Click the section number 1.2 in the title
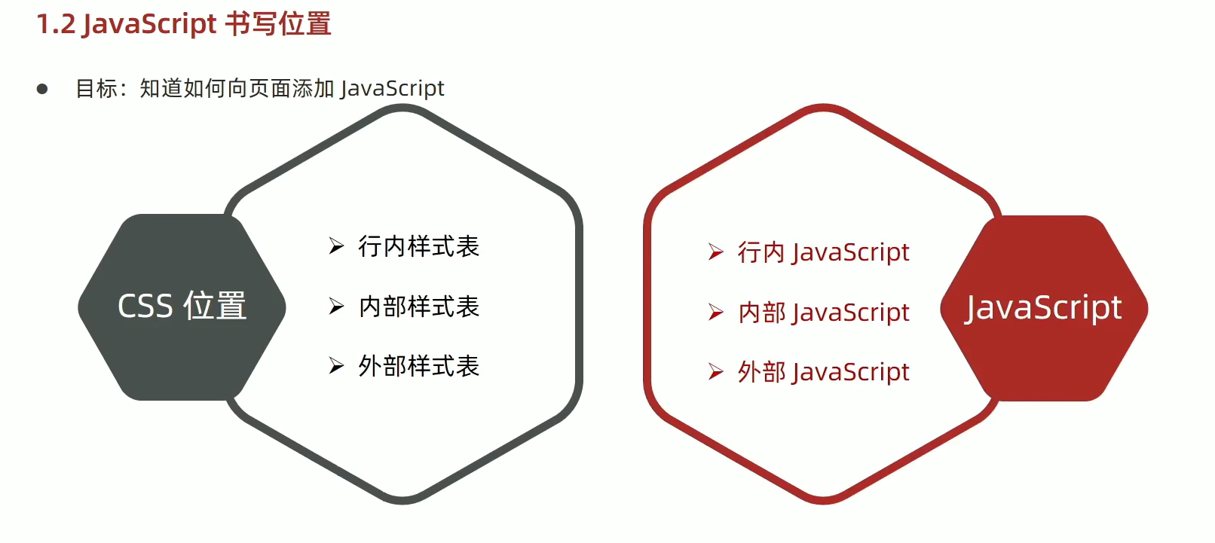56,25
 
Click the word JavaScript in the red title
149,25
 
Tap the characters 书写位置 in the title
278,25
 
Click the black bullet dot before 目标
42,89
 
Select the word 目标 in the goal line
96,89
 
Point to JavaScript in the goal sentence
392,89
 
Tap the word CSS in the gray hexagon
145,307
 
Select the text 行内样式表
418,246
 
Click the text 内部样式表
418,307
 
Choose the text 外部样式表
418,366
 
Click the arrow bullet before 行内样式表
336,246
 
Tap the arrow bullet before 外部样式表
336,366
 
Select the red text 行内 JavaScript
823,252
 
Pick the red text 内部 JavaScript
823,312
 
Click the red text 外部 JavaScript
823,371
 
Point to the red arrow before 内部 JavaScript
716,312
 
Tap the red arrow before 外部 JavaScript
716,371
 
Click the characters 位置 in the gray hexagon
215,307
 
